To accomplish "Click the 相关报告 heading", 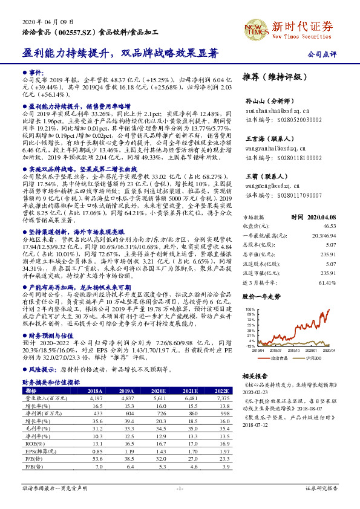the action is click(x=254, y=376).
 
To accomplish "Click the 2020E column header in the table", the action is click(x=159, y=391).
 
